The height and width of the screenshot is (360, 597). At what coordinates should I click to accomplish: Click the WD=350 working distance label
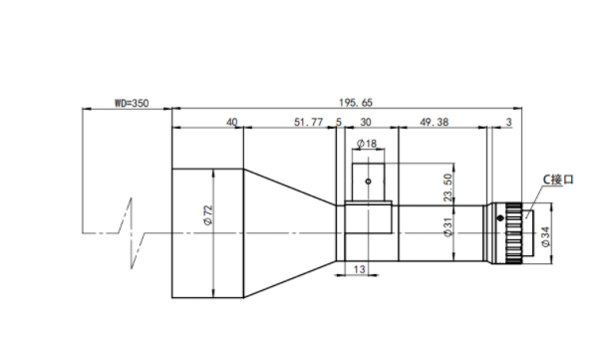132,103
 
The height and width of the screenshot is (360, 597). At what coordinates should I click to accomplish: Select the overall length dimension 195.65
356,103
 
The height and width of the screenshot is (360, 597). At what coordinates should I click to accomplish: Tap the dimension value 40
232,122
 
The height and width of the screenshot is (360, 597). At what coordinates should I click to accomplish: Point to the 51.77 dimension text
308,122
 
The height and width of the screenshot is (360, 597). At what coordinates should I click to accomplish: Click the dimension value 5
339,122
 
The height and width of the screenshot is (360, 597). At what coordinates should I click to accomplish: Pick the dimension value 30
366,122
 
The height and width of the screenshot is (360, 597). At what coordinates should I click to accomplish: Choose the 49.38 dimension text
434,122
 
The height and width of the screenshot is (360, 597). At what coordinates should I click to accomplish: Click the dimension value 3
509,122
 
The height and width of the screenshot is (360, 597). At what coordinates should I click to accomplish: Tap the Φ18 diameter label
367,144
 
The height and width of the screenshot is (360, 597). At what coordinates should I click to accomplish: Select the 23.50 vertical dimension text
448,187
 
